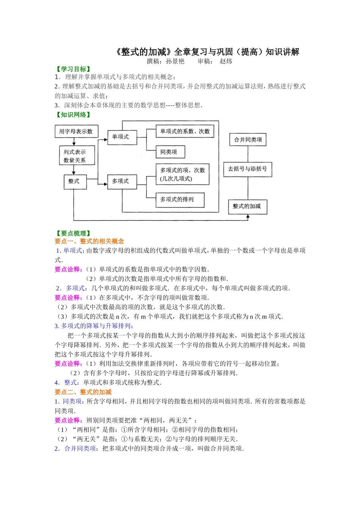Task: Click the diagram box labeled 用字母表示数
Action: (x=76, y=131)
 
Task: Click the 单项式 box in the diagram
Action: (x=121, y=137)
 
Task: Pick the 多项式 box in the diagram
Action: (x=121, y=181)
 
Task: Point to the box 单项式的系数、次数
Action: (x=185, y=131)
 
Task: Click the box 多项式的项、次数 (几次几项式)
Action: (x=182, y=175)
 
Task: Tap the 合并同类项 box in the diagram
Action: (x=248, y=139)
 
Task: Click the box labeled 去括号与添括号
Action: (x=247, y=169)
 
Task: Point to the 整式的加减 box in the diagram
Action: (x=247, y=206)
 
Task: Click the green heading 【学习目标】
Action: (x=74, y=69)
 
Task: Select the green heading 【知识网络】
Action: (x=74, y=115)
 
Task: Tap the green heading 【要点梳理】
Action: (x=74, y=233)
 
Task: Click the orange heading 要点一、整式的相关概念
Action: (x=89, y=241)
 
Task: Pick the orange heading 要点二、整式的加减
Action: (x=83, y=392)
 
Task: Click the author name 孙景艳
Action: (x=175, y=61)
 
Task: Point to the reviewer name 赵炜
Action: (x=226, y=61)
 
